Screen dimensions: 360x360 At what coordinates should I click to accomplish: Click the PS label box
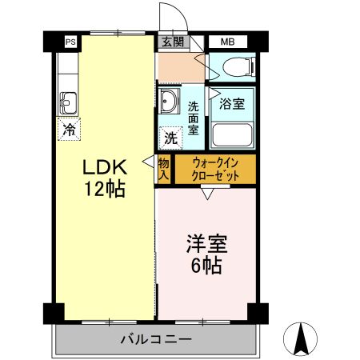pos(70,42)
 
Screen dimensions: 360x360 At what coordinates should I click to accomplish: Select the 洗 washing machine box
pos(170,138)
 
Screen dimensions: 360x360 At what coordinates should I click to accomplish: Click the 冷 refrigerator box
pos(70,126)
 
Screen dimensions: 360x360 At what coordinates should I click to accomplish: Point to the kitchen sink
pos(68,102)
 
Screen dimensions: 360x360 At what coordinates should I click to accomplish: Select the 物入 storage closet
pos(163,169)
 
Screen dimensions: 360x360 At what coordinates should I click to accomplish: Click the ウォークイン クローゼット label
pos(214,169)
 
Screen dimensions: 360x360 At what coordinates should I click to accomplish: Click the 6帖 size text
pos(206,266)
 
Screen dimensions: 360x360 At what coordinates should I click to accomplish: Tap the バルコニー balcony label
pos(156,339)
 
